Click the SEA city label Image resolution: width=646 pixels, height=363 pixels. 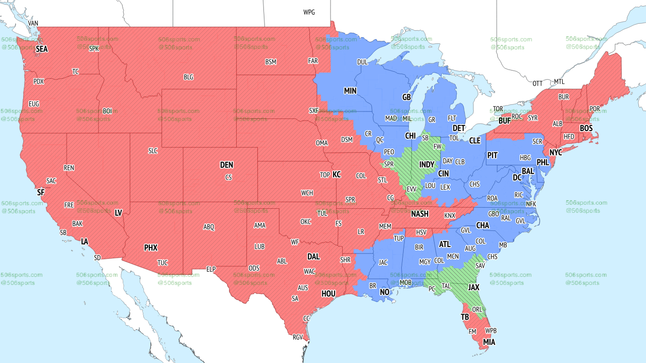pos(41,49)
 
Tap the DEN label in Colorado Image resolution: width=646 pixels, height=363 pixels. pos(227,165)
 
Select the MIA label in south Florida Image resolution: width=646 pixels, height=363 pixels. pos(489,342)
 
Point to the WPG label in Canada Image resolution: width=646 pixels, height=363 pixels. pos(309,12)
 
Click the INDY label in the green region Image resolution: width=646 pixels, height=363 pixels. pos(426,165)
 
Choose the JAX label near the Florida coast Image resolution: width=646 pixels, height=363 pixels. pos(473,287)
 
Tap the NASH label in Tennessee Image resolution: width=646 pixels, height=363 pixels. pos(419,214)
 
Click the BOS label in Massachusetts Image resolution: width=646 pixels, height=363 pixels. pos(586,129)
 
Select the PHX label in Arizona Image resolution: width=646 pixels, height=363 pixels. pos(151,248)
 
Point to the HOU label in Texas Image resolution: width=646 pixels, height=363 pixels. pos(328,293)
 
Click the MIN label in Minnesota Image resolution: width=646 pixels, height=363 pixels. pos(350,91)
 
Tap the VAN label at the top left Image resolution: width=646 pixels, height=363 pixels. pos(33,23)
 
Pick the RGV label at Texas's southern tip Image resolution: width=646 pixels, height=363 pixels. pos(298,337)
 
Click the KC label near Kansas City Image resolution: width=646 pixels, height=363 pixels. pos(337,174)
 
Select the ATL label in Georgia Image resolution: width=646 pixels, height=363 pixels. pos(445,245)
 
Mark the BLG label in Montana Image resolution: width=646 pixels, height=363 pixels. pos(188,77)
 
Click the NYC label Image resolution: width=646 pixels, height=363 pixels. pos(556,152)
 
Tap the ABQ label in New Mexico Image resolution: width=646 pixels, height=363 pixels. pos(209,227)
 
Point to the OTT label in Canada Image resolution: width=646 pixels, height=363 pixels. pos(537,83)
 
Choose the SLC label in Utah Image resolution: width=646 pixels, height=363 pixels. pos(153,151)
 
